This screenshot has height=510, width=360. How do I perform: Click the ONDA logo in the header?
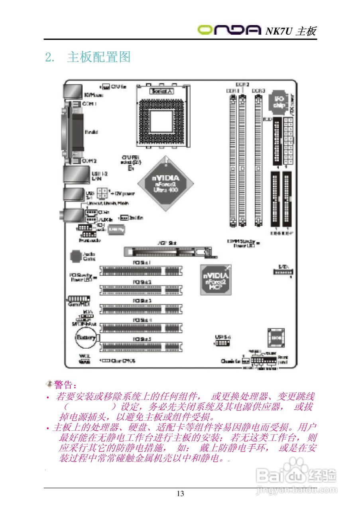pyautogui.click(x=230, y=29)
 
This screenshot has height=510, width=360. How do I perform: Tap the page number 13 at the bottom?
pyautogui.click(x=180, y=494)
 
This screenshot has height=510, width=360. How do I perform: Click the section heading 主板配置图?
pyautogui.click(x=99, y=57)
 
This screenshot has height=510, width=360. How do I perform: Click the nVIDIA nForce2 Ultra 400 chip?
pyautogui.click(x=165, y=183)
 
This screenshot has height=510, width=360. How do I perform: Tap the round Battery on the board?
pyautogui.click(x=86, y=338)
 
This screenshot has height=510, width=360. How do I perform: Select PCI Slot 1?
pyautogui.click(x=142, y=271)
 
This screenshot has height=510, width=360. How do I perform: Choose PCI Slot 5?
pyautogui.click(x=142, y=347)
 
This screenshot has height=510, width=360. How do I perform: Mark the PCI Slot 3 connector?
pyautogui.click(x=142, y=309)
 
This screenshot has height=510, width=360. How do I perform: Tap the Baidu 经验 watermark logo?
pyautogui.click(x=297, y=475)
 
